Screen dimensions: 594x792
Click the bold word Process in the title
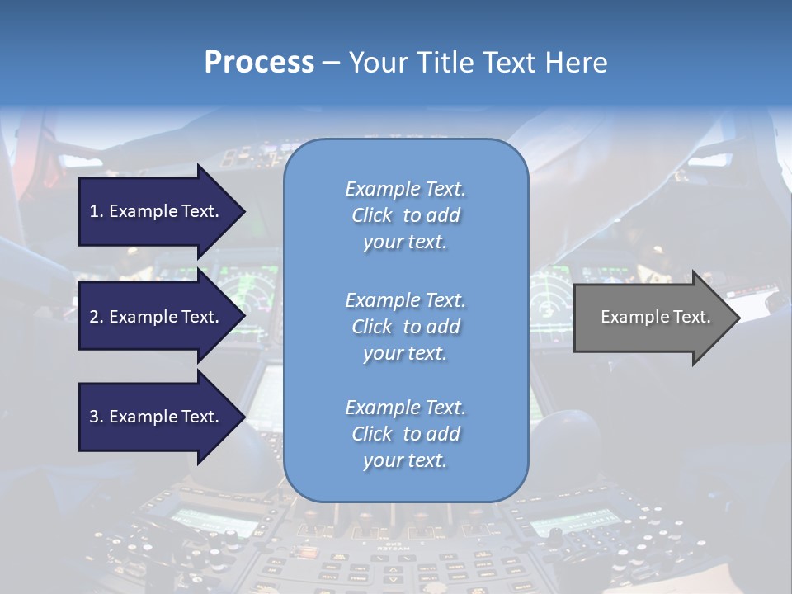pos(259,63)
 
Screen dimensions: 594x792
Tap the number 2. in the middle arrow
pos(97,317)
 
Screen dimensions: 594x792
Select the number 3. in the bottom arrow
pos(97,417)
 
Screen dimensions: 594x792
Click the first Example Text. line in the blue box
pos(405,189)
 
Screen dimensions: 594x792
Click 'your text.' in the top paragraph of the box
pos(405,242)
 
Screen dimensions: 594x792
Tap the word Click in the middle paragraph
pos(371,327)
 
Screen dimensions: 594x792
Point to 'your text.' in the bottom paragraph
pos(405,460)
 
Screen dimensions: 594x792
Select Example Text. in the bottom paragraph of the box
pos(405,408)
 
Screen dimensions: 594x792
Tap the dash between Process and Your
pos(331,63)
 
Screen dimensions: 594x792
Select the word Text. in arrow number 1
pos(199,211)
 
